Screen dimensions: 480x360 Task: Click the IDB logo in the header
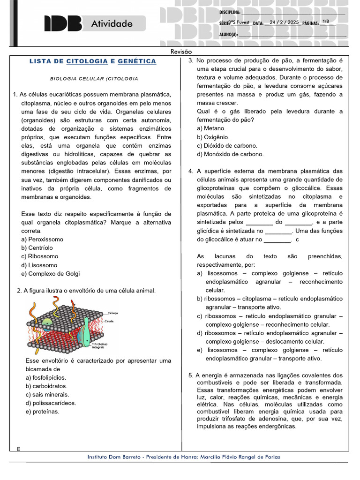(x=63, y=23)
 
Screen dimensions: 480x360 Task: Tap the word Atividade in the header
(x=112, y=23)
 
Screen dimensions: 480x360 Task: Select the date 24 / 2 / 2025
(x=284, y=22)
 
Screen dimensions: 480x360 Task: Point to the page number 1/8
(x=326, y=22)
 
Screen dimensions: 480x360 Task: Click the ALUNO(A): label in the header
(x=228, y=34)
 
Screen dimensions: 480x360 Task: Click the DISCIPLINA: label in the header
(x=230, y=12)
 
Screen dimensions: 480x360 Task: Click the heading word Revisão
(x=181, y=52)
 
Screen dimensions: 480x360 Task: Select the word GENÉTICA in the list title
(x=137, y=61)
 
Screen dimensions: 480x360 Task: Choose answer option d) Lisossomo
(x=43, y=265)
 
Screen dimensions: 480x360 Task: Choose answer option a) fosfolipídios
(x=46, y=377)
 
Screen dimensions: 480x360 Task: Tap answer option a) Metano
(x=211, y=128)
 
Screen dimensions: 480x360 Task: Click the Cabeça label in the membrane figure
(x=112, y=313)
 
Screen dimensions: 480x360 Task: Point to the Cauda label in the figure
(x=109, y=321)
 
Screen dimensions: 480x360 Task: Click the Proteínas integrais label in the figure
(x=99, y=345)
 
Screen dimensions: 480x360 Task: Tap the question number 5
(x=191, y=375)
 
